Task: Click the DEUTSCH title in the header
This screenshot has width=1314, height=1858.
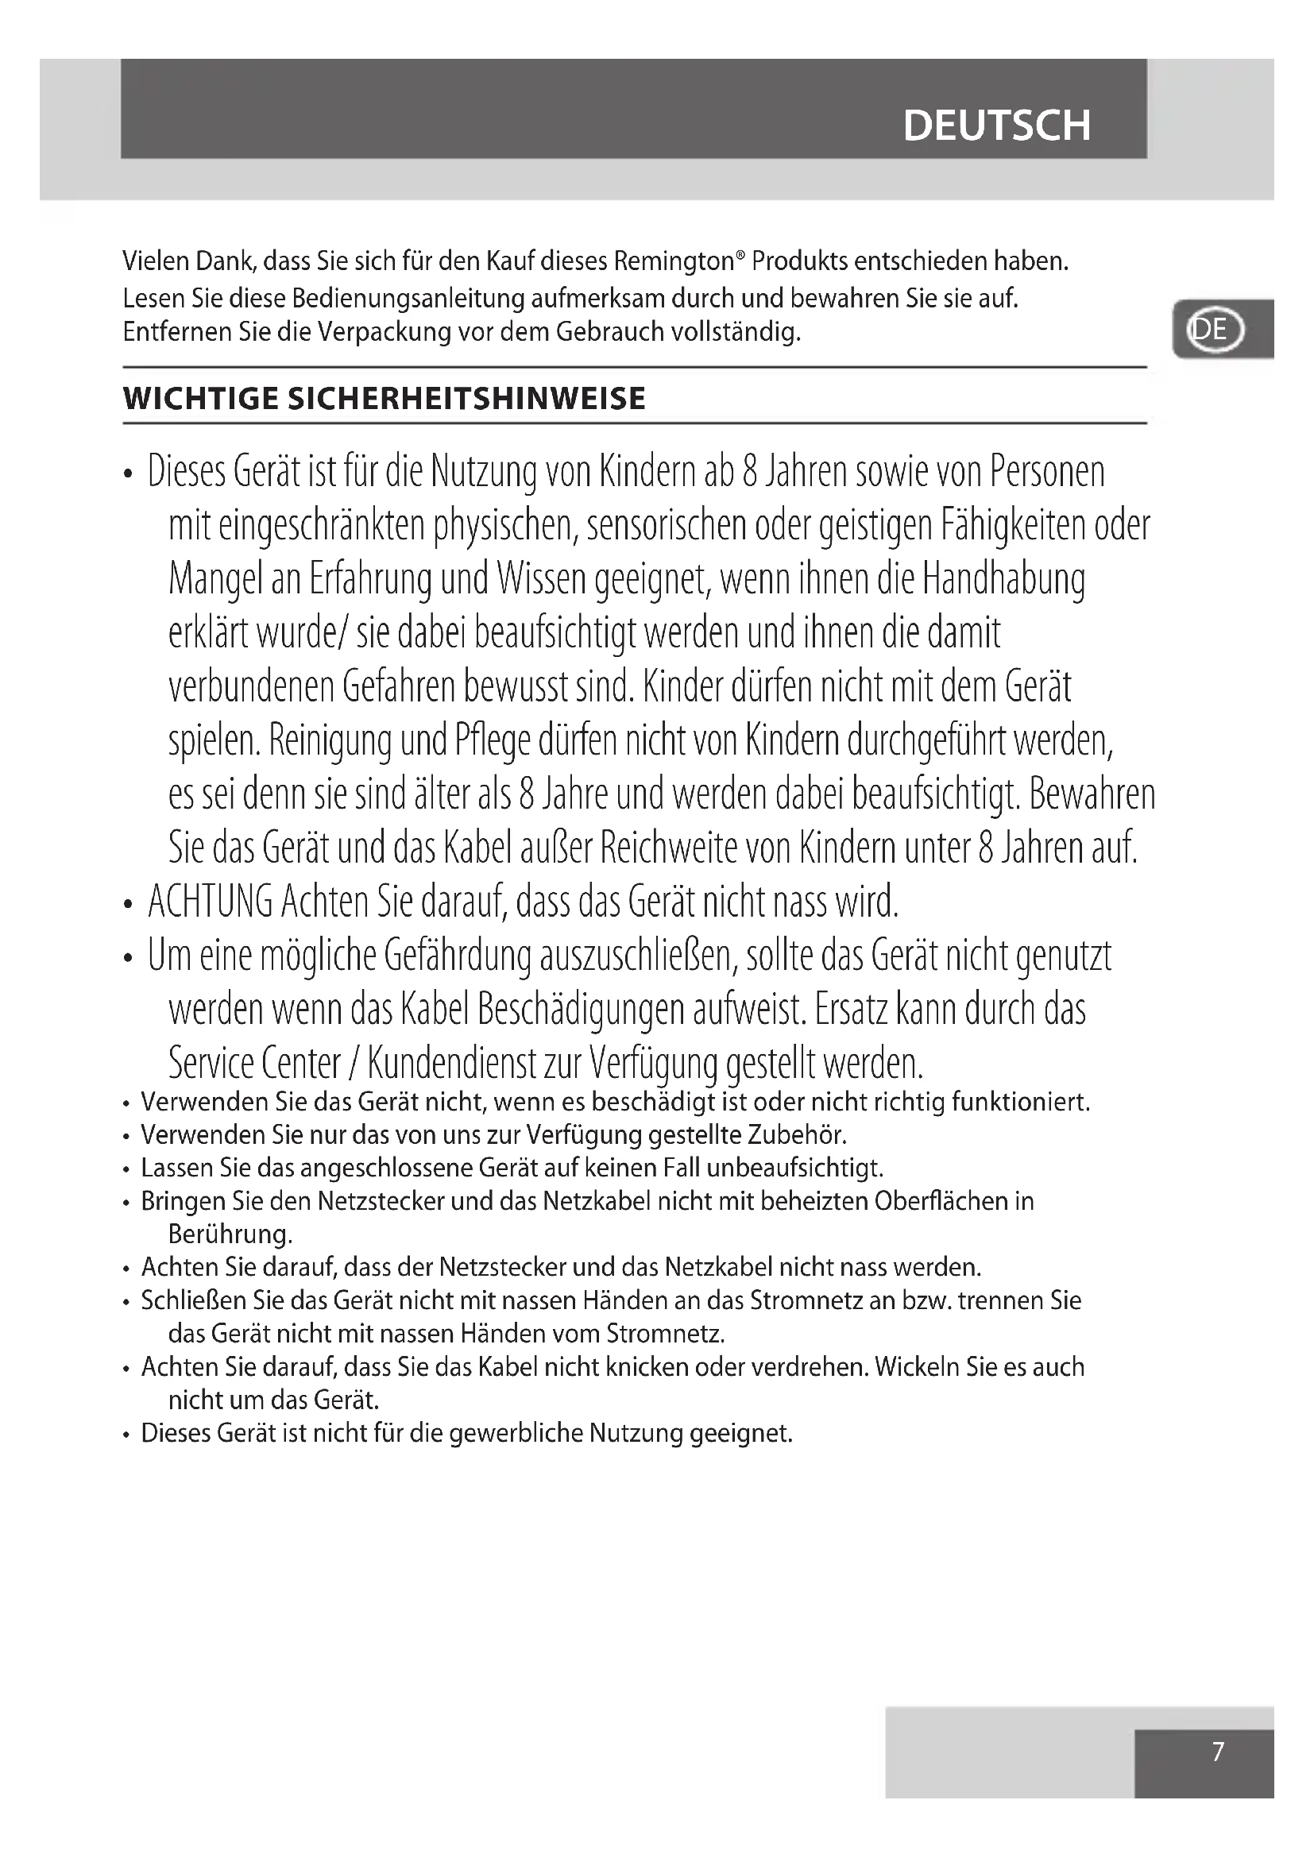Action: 996,126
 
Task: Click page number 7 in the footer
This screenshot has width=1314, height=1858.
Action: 1218,1752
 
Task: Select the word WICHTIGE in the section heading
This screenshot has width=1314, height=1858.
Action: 200,399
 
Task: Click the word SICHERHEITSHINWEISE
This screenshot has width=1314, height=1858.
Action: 467,399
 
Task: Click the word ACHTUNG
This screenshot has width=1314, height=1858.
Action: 211,902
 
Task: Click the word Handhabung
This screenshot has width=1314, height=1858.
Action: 1003,579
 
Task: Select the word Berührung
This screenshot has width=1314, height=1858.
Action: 230,1234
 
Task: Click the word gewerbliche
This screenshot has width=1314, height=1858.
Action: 515,1433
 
